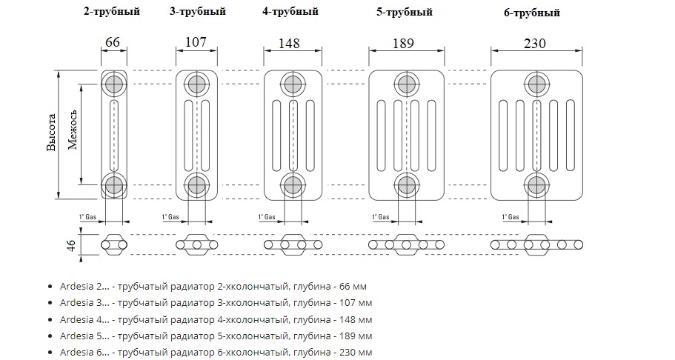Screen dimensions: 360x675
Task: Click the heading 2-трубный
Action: [112, 12]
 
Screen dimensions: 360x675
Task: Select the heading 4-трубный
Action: [290, 12]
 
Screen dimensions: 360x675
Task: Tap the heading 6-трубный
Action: [531, 13]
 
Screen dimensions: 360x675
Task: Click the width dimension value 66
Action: [113, 42]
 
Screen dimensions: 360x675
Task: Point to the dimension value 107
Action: [196, 42]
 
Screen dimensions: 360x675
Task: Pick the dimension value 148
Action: [290, 43]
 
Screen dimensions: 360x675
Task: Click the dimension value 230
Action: [533, 43]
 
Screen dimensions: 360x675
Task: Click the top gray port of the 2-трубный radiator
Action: [113, 82]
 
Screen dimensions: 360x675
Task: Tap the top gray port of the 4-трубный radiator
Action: [291, 82]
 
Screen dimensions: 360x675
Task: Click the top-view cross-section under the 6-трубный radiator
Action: [536, 244]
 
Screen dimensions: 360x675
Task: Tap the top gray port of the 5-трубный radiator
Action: [405, 82]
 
